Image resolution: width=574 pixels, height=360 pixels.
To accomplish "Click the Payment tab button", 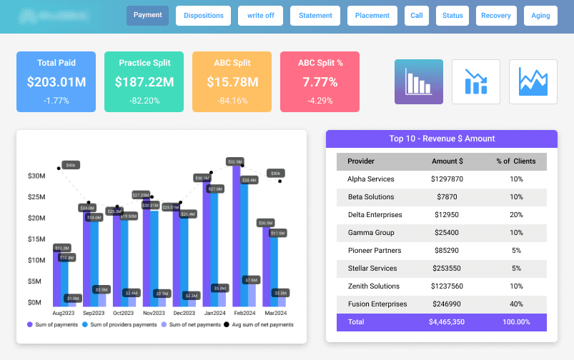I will pos(147,16).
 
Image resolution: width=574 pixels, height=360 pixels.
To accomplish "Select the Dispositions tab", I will pos(204,16).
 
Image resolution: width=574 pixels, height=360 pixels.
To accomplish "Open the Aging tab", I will pos(541,16).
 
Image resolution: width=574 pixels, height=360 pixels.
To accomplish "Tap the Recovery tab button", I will pos(495,16).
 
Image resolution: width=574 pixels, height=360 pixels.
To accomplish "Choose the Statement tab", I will pos(315,16).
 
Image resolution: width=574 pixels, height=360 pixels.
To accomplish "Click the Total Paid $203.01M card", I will pos(56,81).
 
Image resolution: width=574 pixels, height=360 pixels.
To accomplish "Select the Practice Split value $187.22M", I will pos(144,82).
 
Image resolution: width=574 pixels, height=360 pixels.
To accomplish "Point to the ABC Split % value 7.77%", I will pos(320,82).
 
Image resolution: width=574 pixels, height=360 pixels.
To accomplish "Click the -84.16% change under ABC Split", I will pos(232,101).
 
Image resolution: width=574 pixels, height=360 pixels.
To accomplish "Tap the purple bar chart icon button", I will pos(419,81).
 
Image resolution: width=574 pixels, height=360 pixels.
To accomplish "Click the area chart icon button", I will pos(533,81).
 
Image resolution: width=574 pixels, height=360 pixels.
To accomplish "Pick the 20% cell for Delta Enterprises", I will pos(516,215).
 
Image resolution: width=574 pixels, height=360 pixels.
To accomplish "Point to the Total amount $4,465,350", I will pos(447,322).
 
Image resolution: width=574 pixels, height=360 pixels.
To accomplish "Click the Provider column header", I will pos(361,161).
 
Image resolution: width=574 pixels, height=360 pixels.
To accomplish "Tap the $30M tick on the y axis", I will pos(36,176).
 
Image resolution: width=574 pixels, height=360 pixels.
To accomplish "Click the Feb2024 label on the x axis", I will pos(245,313).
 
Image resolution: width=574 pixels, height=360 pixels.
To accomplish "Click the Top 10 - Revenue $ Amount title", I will pos(442,139).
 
